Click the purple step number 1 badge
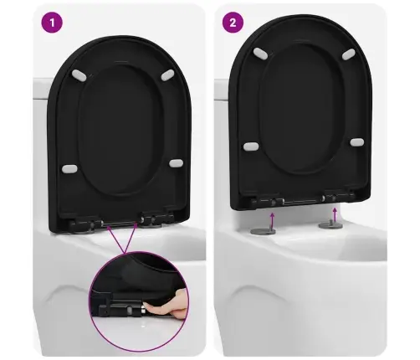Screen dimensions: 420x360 (x=52, y=23)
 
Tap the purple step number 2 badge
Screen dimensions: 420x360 (x=233, y=23)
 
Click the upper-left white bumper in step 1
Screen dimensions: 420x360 (x=79, y=75)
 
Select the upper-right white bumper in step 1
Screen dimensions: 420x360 (x=167, y=75)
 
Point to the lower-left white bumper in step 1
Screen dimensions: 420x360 (x=69, y=169)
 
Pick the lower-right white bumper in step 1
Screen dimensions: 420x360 (x=176, y=163)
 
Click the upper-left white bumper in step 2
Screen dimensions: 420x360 (x=260, y=54)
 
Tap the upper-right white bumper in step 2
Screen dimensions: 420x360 (x=349, y=54)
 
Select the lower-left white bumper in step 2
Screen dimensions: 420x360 (x=251, y=147)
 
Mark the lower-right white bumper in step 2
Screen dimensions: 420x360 (x=357, y=142)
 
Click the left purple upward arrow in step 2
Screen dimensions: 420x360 (x=273, y=220)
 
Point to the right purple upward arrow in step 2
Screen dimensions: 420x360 (x=335, y=214)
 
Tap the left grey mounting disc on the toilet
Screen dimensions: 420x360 (x=264, y=230)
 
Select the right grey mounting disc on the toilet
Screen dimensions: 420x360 (x=330, y=224)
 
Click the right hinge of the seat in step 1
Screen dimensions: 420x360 (x=156, y=219)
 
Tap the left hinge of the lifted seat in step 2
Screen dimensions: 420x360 (x=267, y=202)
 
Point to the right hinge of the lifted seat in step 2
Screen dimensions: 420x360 (x=337, y=196)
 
